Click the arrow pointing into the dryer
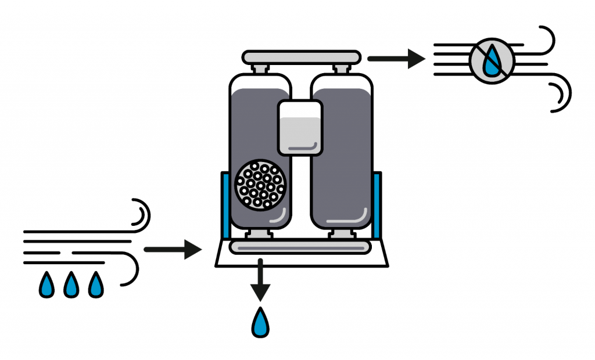click(x=172, y=250)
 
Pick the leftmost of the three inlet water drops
click(x=46, y=285)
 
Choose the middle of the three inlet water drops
click(x=71, y=285)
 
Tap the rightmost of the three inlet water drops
click(x=95, y=285)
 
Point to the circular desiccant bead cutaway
click(x=260, y=185)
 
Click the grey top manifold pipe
click(x=300, y=57)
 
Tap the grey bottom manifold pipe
click(x=300, y=247)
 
